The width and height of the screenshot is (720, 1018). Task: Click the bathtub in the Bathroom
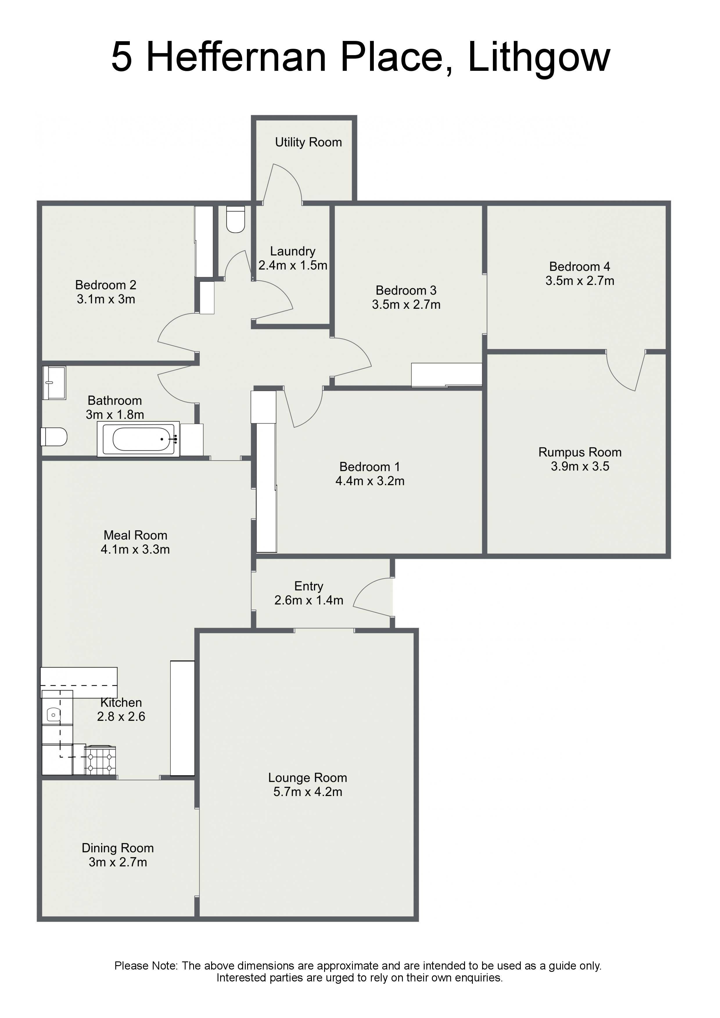(x=139, y=439)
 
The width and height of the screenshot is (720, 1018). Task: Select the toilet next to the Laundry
(x=236, y=219)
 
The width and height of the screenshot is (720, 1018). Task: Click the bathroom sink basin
(x=54, y=383)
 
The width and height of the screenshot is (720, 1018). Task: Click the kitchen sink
(x=53, y=715)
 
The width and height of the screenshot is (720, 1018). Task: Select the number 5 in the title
(x=122, y=57)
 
